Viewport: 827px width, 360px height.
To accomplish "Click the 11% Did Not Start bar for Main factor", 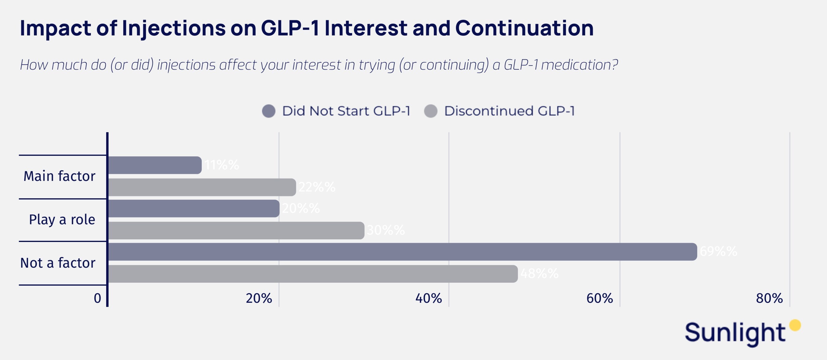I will click(x=155, y=165).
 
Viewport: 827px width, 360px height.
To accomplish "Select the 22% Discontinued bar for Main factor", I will click(x=202, y=187).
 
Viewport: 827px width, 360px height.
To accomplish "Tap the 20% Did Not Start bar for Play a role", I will click(x=194, y=208).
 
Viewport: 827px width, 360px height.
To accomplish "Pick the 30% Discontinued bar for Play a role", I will click(x=236, y=230).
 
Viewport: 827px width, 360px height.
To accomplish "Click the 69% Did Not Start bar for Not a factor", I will click(x=402, y=252).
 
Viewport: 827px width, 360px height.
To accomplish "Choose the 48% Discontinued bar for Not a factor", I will click(x=313, y=274).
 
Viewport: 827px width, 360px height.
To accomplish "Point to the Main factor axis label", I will click(x=59, y=176).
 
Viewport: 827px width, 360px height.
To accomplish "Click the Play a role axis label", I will click(x=62, y=220).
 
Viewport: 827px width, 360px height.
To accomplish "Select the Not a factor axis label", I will click(x=58, y=263).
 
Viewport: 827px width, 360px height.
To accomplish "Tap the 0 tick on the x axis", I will click(x=97, y=298).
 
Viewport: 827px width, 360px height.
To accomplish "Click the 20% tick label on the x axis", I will click(x=259, y=298).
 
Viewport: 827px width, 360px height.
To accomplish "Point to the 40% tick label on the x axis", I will click(x=429, y=298).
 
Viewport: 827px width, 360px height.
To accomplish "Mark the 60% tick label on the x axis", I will click(x=599, y=298).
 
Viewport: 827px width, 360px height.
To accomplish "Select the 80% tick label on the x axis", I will click(x=769, y=298).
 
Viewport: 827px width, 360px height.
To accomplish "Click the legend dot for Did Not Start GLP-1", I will click(x=269, y=111).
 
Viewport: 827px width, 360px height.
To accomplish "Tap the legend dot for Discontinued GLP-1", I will click(x=431, y=111).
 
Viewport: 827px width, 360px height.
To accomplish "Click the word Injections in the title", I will click(x=174, y=28).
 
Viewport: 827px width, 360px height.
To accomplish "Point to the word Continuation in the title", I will click(x=524, y=28).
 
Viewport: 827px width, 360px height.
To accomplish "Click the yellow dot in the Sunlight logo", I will click(x=795, y=325).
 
